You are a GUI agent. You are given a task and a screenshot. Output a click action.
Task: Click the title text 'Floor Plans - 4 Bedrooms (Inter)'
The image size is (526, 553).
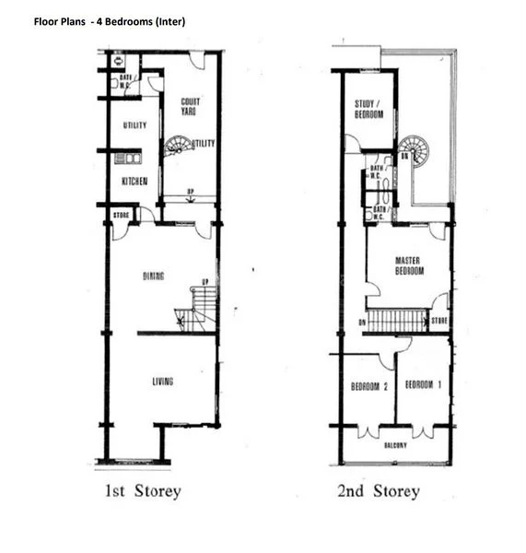tap(110, 20)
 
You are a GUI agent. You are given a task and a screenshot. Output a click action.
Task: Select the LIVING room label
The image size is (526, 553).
tap(162, 381)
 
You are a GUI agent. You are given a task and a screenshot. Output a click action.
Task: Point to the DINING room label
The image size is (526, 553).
tap(154, 276)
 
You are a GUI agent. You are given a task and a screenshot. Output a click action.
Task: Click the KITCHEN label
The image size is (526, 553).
tap(134, 182)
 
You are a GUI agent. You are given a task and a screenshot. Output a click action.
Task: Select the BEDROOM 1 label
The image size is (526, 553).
tap(424, 384)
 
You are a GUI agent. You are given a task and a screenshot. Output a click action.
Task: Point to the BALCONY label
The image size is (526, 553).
tap(396, 444)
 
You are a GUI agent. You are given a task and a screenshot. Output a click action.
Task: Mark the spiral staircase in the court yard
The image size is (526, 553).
tap(179, 147)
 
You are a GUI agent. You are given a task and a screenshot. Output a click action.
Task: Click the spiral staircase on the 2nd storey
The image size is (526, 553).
tap(414, 150)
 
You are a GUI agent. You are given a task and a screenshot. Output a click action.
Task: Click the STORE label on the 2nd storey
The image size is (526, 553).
tap(439, 322)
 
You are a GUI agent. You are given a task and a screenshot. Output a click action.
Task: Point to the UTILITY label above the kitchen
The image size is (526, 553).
tap(134, 125)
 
